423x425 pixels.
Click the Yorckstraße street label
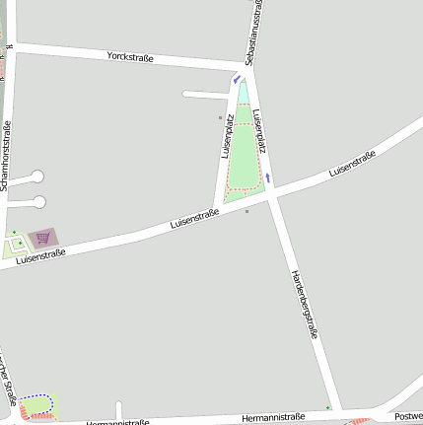click(x=129, y=57)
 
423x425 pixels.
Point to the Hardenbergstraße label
click(x=304, y=305)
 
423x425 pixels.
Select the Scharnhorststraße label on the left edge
click(x=7, y=147)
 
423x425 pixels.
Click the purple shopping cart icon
click(x=42, y=238)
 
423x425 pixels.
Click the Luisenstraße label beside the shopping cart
click(x=40, y=255)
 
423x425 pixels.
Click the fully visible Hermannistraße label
click(x=273, y=417)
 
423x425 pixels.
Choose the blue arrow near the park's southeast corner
click(x=267, y=178)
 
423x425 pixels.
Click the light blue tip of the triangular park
click(x=243, y=92)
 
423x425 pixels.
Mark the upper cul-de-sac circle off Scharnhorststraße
click(x=37, y=177)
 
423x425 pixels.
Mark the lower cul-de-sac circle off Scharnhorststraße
click(x=39, y=202)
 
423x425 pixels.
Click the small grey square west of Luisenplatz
click(x=221, y=117)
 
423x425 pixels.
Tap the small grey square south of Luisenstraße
click(x=247, y=210)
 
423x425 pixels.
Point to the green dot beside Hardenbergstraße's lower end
click(x=328, y=405)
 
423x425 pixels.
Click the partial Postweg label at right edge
click(x=409, y=416)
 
